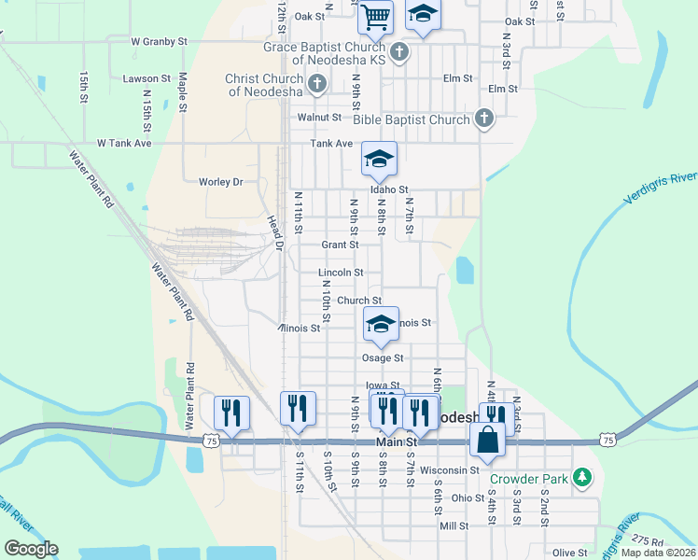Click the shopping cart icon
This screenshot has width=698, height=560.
[375, 15]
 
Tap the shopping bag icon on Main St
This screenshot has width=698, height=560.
[488, 439]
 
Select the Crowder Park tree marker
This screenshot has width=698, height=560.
[582, 478]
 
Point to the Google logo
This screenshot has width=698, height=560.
[31, 549]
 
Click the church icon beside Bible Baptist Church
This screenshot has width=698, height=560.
[482, 119]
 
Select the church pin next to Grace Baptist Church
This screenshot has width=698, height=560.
[399, 51]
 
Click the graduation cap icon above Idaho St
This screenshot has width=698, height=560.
[379, 159]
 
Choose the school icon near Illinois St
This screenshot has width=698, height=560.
[380, 324]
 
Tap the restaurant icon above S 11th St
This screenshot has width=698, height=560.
[298, 408]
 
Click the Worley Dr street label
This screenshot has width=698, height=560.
[220, 181]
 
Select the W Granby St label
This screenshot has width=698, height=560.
[160, 42]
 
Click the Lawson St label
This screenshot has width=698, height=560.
[147, 79]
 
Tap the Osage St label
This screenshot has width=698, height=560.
[383, 357]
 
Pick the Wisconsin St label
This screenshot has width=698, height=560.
[449, 469]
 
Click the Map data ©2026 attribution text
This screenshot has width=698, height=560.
[658, 553]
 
